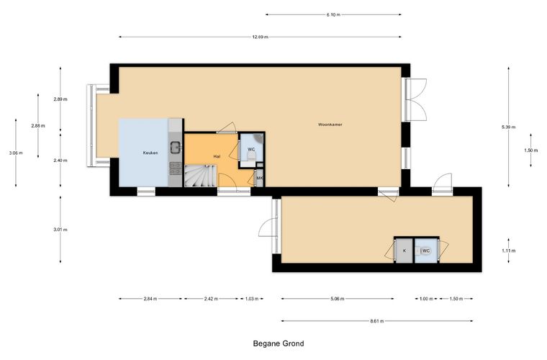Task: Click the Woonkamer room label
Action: (330, 125)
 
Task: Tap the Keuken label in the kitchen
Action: (150, 153)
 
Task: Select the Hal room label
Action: (217, 157)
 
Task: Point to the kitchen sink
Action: (175, 147)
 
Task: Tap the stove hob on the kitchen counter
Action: (175, 168)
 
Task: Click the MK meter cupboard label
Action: (260, 179)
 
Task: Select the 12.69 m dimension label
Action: (261, 37)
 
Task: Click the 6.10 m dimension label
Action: (333, 14)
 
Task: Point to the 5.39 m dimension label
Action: (508, 127)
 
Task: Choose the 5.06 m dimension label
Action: (338, 299)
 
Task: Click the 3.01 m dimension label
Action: (60, 230)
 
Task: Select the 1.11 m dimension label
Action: (509, 251)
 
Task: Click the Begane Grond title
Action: (279, 343)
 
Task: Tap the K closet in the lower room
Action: (404, 251)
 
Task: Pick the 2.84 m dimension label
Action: (150, 299)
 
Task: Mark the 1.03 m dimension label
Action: (252, 299)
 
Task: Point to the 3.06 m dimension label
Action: (16, 153)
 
